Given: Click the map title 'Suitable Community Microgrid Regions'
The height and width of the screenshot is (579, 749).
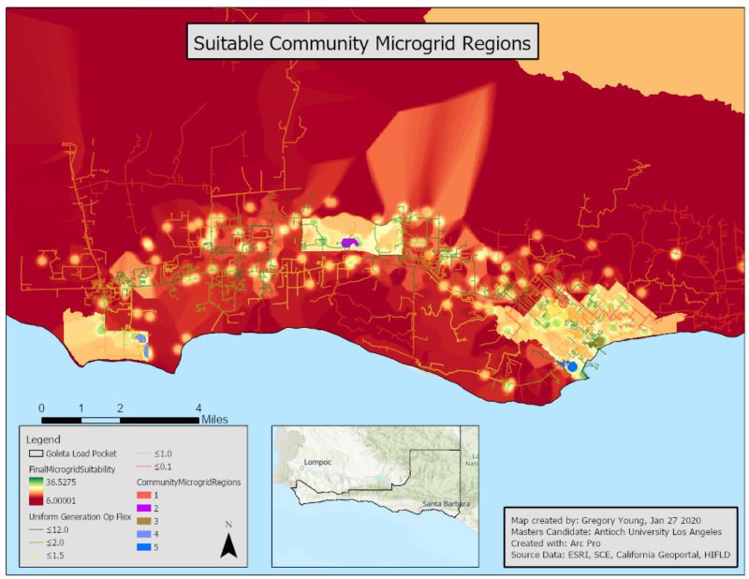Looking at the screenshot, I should point(361,43).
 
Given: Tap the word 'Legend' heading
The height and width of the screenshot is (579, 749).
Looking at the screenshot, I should point(43,438).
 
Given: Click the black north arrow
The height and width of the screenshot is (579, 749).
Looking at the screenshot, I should point(228,547).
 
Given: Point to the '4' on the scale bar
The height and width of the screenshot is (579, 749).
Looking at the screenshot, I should point(198,408).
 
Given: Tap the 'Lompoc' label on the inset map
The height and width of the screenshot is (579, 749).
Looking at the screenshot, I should point(318,463).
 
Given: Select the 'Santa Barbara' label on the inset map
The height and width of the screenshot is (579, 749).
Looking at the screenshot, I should point(447,504).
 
